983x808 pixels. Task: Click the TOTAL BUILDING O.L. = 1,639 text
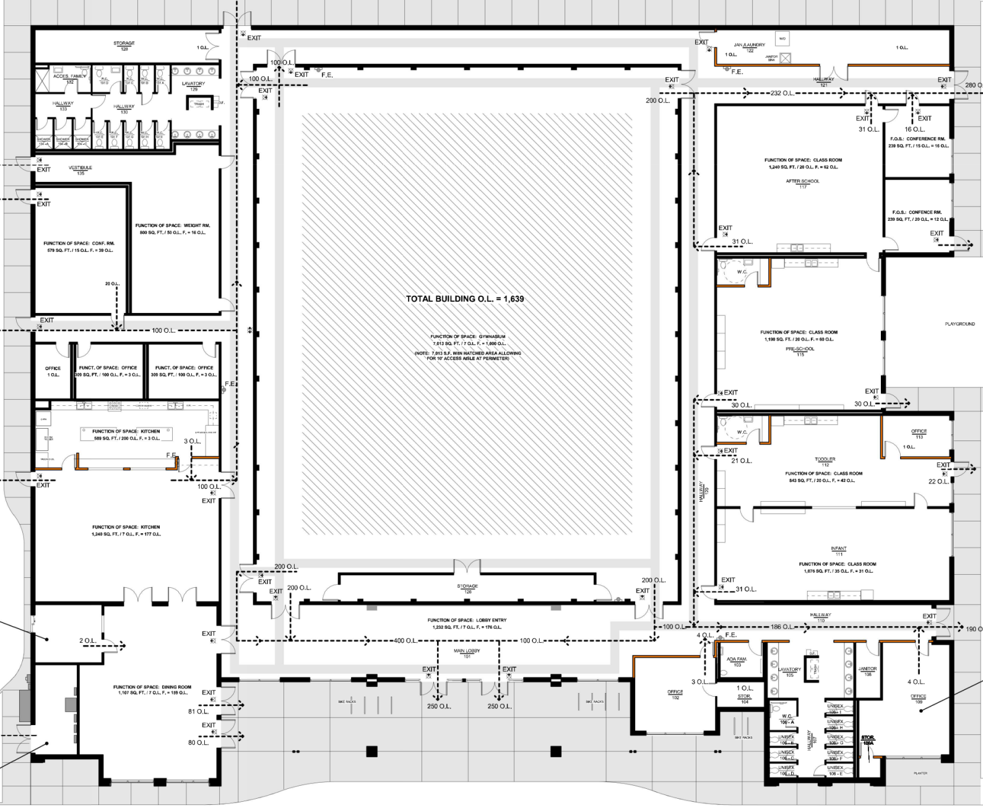coord(465,299)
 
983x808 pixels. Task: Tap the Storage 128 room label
coord(124,46)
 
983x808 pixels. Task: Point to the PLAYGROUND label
coord(959,324)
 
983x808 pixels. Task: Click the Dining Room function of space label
coord(152,690)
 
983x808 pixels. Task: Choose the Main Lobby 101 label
coord(467,653)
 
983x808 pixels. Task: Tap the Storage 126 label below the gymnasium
coord(467,588)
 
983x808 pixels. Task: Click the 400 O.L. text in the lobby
coord(405,640)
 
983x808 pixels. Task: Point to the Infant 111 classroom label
coord(839,551)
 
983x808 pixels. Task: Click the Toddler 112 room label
coord(825,462)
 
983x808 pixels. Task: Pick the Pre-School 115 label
coord(800,351)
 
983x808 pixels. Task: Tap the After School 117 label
coord(802,184)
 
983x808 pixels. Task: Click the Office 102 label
coord(675,694)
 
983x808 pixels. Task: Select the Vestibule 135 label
coord(80,170)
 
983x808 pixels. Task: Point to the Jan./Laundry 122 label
coord(749,47)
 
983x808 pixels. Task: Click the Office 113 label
coord(919,434)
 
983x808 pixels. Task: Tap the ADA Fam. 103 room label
coord(737,661)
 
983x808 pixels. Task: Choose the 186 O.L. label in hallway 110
coord(782,627)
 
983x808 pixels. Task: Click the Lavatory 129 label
coord(193,86)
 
